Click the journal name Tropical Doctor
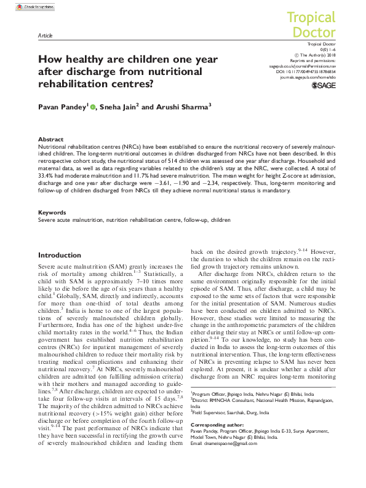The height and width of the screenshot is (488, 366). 311,25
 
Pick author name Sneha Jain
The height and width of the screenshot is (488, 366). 119,106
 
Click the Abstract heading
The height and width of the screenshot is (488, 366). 50,140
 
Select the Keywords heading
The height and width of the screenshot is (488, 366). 52,213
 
